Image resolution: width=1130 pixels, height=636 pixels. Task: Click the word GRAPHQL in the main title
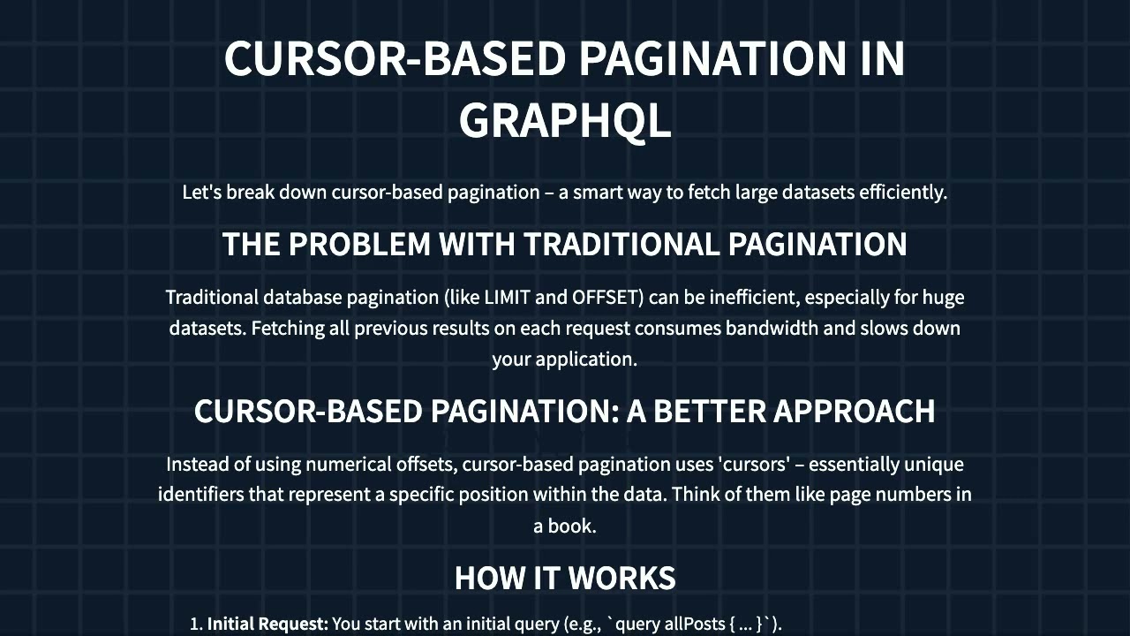(565, 122)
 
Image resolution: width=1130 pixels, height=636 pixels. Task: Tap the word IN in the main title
(883, 58)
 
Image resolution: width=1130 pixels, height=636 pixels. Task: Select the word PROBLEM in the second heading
(359, 244)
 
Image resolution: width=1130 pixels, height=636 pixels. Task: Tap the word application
(587, 360)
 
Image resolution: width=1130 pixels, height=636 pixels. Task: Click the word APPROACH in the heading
(855, 411)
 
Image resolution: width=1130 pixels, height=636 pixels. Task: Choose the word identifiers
(201, 494)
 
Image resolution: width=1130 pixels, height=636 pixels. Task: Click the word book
(572, 526)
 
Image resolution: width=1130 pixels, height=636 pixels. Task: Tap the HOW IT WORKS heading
(565, 578)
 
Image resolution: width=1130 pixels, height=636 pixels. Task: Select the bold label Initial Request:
(267, 624)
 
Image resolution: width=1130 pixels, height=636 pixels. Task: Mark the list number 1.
(196, 624)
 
